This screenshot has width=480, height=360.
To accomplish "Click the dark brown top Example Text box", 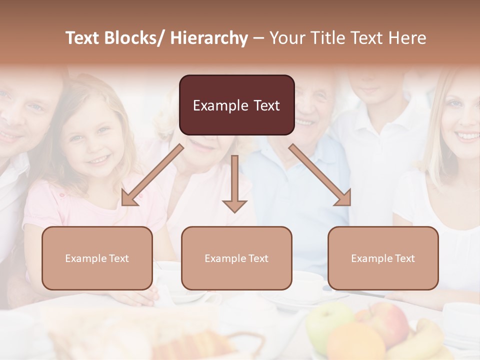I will pyautogui.click(x=236, y=105).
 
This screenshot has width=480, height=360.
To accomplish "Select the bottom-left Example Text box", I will pyautogui.click(x=97, y=258).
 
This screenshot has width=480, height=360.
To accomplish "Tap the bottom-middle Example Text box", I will pyautogui.click(x=236, y=258).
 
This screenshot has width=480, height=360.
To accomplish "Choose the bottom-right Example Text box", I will pyautogui.click(x=383, y=258).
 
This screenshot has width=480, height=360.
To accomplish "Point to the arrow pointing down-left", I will pyautogui.click(x=152, y=175).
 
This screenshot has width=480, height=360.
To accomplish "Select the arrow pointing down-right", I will pyautogui.click(x=320, y=175).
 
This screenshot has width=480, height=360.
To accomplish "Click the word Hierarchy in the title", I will pyautogui.click(x=209, y=38).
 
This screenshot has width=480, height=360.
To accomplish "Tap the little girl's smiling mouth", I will pyautogui.click(x=98, y=160).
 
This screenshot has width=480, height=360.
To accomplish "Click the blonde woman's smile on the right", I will pyautogui.click(x=468, y=135).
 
